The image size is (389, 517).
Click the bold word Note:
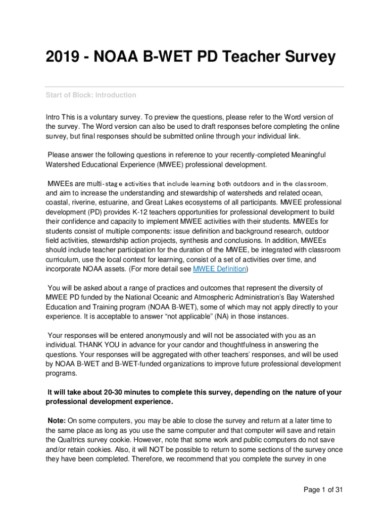click(57, 420)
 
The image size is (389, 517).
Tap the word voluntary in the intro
click(107, 117)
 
